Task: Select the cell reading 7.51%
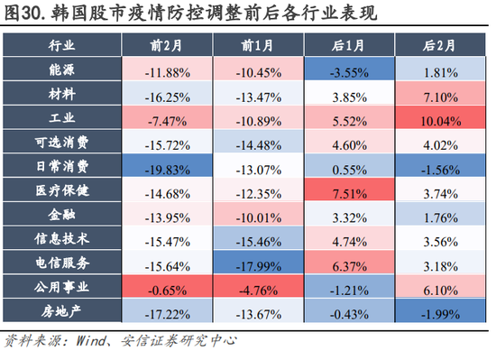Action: (349, 192)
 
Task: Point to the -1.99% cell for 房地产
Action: (440, 312)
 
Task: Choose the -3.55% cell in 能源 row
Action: (349, 70)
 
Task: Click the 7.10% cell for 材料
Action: (440, 95)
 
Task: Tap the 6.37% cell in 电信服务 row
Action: (349, 264)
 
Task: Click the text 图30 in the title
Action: (23, 13)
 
